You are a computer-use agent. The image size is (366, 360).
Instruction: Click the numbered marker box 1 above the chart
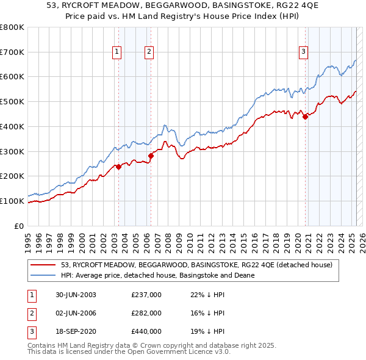point(117,52)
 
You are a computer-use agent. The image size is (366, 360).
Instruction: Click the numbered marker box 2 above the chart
point(149,52)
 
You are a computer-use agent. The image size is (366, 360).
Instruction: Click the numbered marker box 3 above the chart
point(303,52)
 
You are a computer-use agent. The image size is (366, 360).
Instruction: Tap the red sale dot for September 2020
point(306,117)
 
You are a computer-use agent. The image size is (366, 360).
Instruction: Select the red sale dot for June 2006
point(151,156)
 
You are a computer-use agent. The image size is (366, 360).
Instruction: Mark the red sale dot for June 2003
point(119,167)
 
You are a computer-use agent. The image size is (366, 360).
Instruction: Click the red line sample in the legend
point(43,265)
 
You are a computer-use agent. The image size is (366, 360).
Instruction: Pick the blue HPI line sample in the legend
point(43,275)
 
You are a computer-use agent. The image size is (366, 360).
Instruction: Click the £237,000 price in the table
point(146,295)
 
